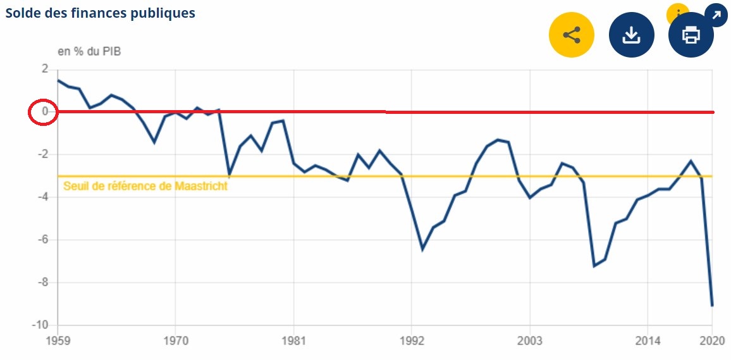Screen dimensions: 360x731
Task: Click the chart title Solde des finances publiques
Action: (101, 13)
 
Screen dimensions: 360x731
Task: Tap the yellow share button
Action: (572, 35)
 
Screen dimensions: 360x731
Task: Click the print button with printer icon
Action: (691, 35)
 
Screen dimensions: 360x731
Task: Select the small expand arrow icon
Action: (716, 15)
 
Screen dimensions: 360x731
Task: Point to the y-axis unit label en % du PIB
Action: (89, 52)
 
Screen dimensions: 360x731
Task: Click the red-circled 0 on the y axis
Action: (44, 112)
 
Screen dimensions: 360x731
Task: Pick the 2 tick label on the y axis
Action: (45, 69)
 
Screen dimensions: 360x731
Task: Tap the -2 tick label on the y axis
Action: (42, 154)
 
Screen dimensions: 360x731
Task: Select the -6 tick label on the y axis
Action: (42, 240)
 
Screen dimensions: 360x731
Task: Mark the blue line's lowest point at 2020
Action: (712, 306)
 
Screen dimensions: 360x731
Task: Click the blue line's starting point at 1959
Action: (58, 80)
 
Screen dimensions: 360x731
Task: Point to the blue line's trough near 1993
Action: (422, 249)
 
